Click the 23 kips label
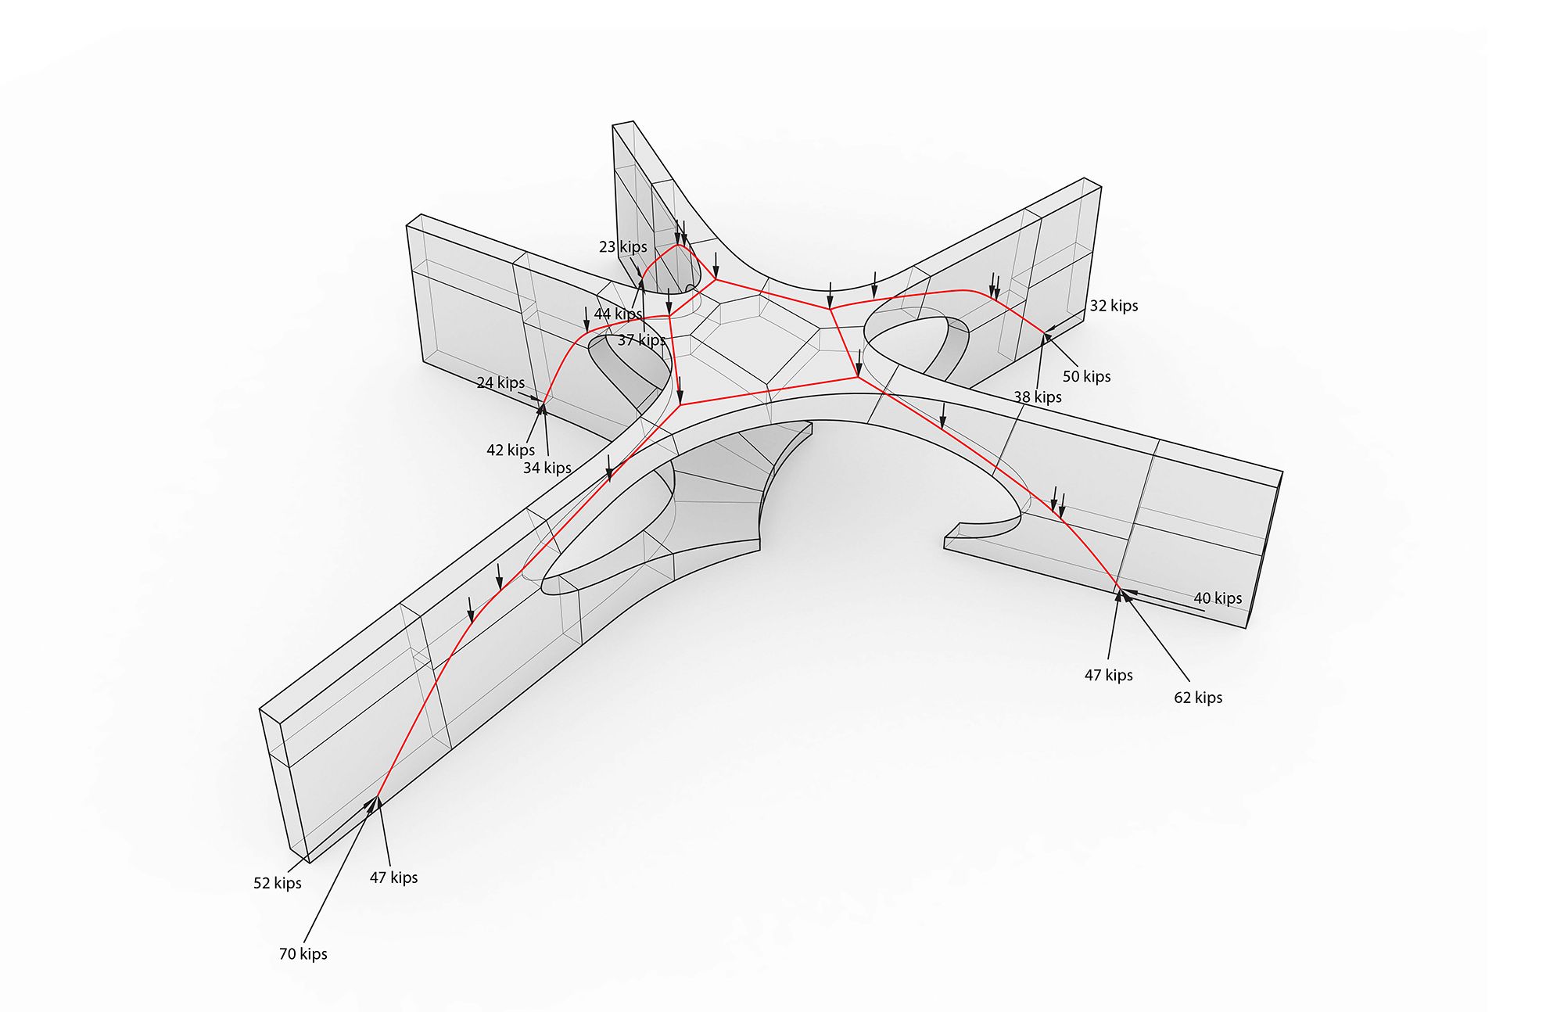click(622, 247)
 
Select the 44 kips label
click(618, 314)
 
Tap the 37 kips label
click(641, 340)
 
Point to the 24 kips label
click(500, 383)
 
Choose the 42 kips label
click(511, 450)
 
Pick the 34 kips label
click(547, 468)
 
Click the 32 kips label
click(1114, 306)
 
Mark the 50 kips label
click(1086, 377)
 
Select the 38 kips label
click(1038, 397)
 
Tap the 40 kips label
click(1218, 598)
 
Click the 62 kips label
click(1198, 698)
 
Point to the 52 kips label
click(278, 884)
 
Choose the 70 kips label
click(303, 954)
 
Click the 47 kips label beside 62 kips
click(1108, 676)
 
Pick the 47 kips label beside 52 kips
click(393, 878)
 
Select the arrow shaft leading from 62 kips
click(1157, 638)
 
